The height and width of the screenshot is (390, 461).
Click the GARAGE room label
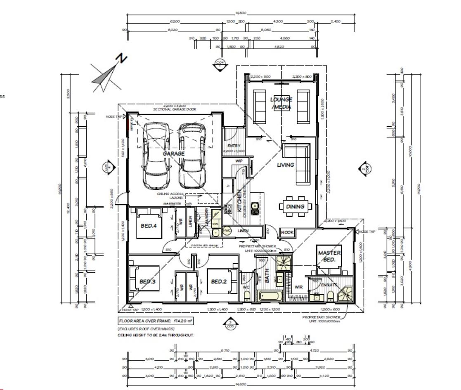pyautogui.click(x=173, y=153)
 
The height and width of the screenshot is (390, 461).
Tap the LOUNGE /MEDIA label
pyautogui.click(x=281, y=103)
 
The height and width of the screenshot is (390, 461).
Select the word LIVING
pyautogui.click(x=286, y=165)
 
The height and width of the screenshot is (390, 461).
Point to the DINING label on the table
pyautogui.click(x=295, y=206)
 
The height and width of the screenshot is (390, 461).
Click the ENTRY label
pyautogui.click(x=234, y=146)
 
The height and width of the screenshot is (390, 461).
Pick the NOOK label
pyautogui.click(x=287, y=232)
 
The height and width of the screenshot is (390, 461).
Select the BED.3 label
pyautogui.click(x=147, y=281)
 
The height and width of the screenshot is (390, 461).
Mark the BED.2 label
pyautogui.click(x=219, y=281)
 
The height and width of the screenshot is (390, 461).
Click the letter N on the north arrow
pyautogui.click(x=122, y=59)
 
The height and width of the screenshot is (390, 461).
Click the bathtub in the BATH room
pyautogui.click(x=270, y=295)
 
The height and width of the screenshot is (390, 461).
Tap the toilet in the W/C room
pyautogui.click(x=247, y=295)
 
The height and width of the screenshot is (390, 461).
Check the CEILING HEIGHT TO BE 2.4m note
pyautogui.click(x=156, y=335)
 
